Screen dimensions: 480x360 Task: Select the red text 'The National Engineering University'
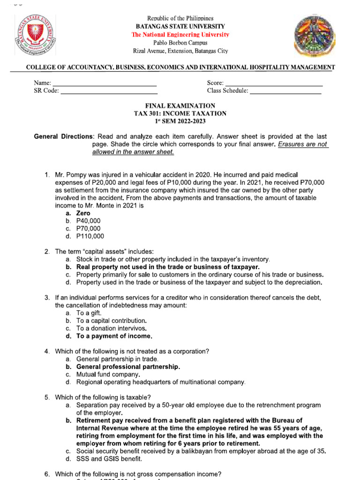tap(180, 35)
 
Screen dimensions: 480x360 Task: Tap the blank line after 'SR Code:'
tap(109, 91)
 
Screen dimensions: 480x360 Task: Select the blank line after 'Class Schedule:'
tap(285, 91)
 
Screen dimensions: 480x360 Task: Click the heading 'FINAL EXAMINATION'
tap(180, 106)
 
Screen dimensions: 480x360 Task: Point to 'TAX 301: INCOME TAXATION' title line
tap(180, 113)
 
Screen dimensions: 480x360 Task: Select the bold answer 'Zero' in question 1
tap(83, 213)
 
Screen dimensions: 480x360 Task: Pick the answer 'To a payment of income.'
tap(114, 336)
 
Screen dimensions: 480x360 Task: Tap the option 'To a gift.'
tap(89, 313)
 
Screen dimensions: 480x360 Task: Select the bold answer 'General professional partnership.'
tap(128, 367)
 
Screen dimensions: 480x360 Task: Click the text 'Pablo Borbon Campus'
tap(180, 43)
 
